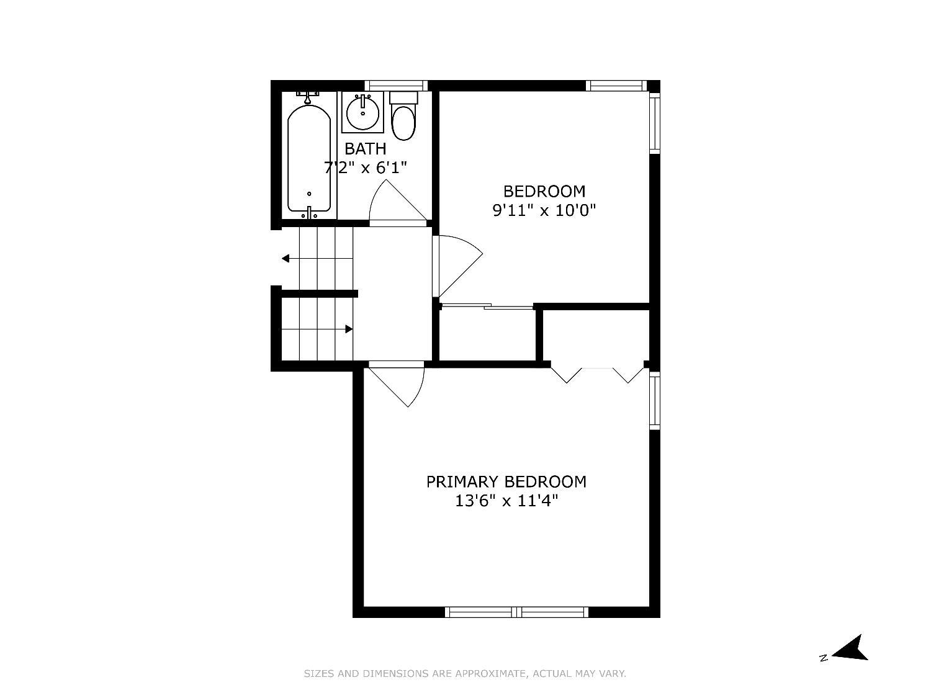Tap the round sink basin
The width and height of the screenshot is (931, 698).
coord(362,112)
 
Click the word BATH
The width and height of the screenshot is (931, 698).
coord(365,149)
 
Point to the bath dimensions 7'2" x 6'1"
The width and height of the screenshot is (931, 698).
coord(365,168)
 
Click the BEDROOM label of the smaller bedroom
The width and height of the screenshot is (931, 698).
coord(544,191)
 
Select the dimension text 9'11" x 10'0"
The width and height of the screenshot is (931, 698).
coord(544,210)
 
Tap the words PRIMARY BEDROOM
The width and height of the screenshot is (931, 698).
coord(506,482)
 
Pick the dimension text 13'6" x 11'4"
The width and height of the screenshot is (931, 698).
coord(506,501)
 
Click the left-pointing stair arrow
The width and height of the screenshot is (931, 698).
coord(317,258)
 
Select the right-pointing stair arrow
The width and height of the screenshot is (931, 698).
coord(317,329)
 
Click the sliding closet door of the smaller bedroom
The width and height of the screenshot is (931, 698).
coord(487,306)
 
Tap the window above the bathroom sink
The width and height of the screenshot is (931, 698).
coord(396,85)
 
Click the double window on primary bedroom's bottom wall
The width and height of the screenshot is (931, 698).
coord(516,612)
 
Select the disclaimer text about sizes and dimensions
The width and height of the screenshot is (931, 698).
coord(465,673)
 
